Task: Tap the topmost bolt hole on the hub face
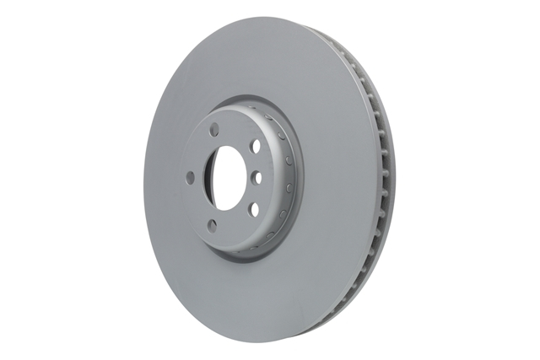click(x=214, y=129)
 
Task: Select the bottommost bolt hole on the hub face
click(x=212, y=225)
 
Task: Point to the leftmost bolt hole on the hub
click(x=190, y=178)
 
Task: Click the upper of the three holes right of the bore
click(x=255, y=146)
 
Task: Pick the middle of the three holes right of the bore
click(x=256, y=177)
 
